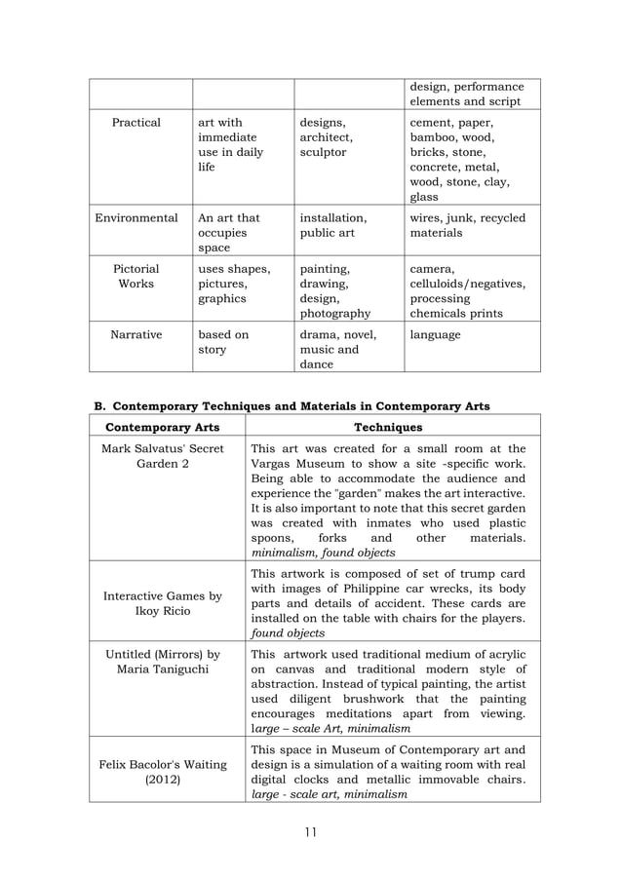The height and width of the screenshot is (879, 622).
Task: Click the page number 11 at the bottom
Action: [x=310, y=831]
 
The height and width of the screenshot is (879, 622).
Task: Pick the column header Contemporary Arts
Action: [x=164, y=427]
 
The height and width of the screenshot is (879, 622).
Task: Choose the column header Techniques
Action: [x=388, y=427]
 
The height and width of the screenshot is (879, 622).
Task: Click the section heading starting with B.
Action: [x=291, y=405]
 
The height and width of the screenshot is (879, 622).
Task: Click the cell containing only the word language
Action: [x=435, y=334]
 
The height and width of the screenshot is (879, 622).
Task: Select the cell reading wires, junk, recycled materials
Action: [x=467, y=225]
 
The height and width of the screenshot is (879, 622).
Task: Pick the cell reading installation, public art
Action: [x=333, y=225]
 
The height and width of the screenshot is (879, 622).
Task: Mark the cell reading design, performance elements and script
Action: [x=466, y=94]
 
